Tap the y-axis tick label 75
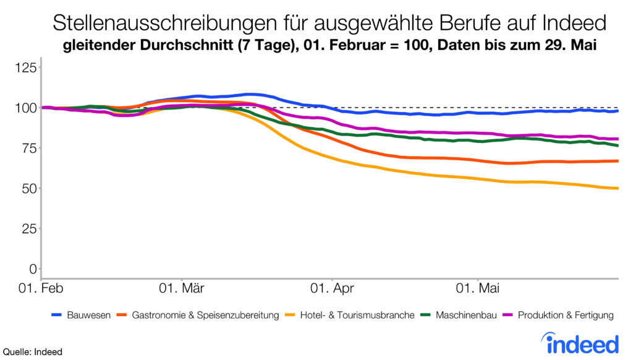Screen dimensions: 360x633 pyautogui.click(x=28, y=148)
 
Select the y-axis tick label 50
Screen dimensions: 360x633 pyautogui.click(x=28, y=188)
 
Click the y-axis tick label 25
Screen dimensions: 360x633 pyautogui.click(x=28, y=228)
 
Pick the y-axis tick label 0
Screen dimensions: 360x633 pyautogui.click(x=32, y=268)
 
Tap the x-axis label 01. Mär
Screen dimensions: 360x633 pyautogui.click(x=184, y=288)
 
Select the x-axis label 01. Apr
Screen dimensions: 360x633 pyautogui.click(x=332, y=288)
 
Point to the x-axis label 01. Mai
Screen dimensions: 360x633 pyautogui.click(x=478, y=288)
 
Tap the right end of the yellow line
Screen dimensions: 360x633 pyautogui.click(x=618, y=189)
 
